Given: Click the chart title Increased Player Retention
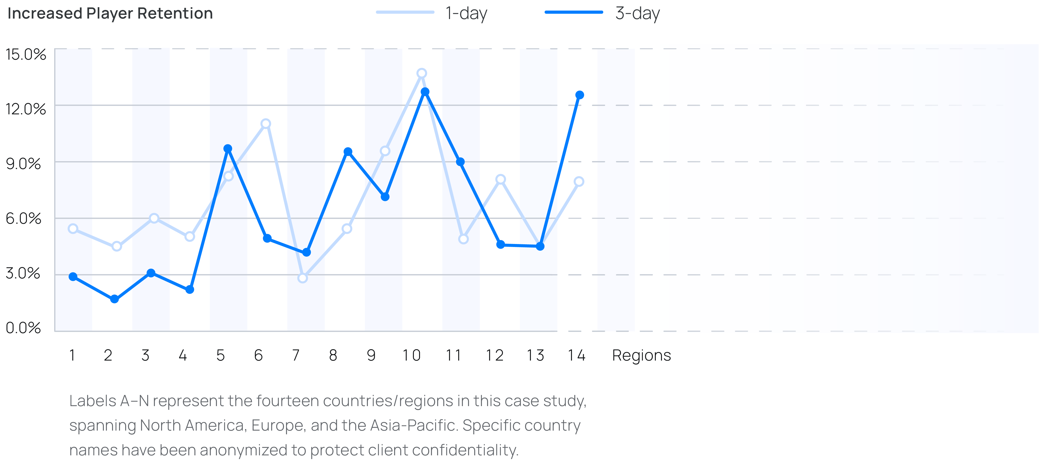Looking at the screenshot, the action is point(110,13).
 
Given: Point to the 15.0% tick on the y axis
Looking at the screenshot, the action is point(26,54).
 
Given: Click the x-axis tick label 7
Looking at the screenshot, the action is point(296,355).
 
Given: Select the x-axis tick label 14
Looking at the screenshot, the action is point(576,355).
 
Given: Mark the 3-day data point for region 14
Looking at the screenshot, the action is point(579,95).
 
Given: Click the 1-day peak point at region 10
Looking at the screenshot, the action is point(422,73).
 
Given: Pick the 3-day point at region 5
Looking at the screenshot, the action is point(228,149).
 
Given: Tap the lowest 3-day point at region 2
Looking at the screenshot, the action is point(115,299).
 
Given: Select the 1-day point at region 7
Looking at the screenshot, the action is point(302,278).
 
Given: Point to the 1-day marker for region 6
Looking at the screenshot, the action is point(266,124).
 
